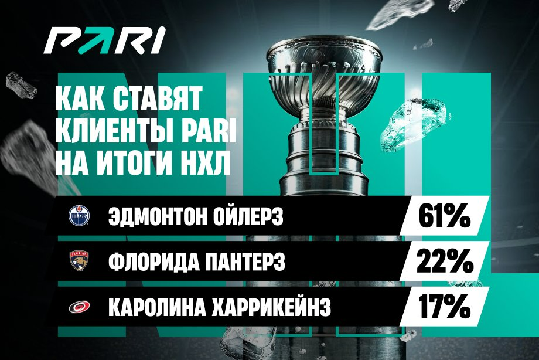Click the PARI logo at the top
pos(104,40)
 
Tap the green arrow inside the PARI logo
pos(92,40)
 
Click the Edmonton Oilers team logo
pos(79,216)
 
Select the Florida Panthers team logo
pos(79,260)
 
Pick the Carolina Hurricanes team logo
pos(80,307)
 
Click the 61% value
pos(445,216)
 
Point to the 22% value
pos(445,261)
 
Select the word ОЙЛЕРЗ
pos(248,216)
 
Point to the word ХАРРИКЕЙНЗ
pos(271,307)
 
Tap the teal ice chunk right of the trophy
pos(415,124)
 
